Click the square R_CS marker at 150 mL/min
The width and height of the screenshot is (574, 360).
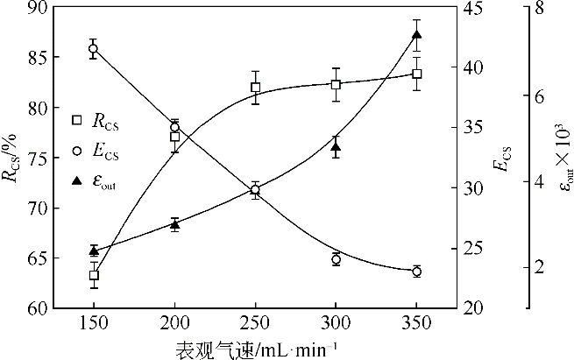(94, 276)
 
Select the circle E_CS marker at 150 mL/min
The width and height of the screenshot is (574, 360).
(94, 49)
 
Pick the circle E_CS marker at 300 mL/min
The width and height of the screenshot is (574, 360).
(336, 259)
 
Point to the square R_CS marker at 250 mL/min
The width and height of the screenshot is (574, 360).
(255, 88)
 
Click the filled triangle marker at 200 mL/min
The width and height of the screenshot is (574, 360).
(174, 225)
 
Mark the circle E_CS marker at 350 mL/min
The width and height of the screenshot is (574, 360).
(416, 272)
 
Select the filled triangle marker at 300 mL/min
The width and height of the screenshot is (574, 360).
(336, 147)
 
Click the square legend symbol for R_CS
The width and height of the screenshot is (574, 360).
(76, 118)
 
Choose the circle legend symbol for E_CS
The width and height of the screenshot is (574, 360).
(76, 151)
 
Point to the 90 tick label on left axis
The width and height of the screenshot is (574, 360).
(38, 8)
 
